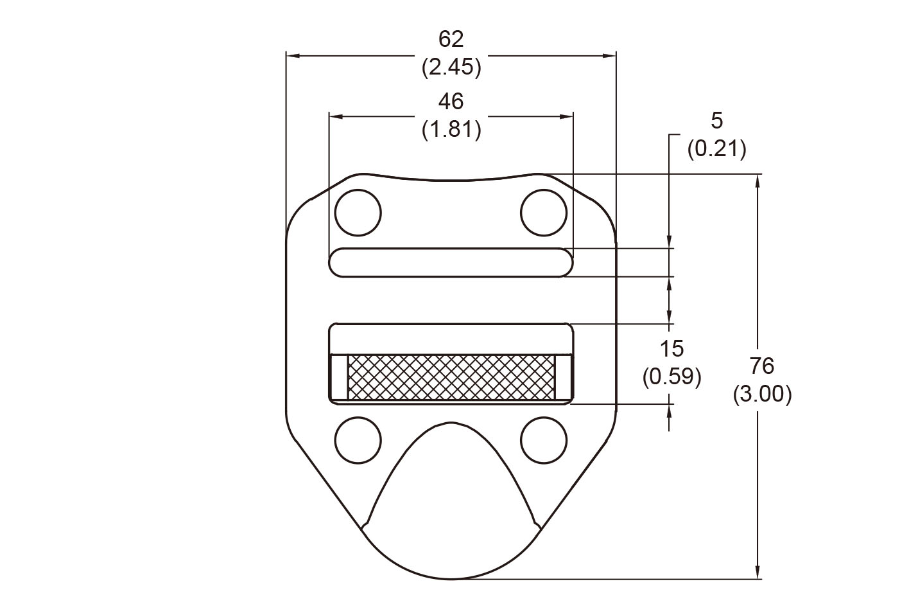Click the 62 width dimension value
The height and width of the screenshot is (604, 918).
[x=451, y=39]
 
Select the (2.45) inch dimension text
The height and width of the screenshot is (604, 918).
[x=451, y=67]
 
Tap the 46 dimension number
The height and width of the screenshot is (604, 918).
[x=451, y=102]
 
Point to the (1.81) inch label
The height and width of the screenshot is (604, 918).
[x=451, y=130]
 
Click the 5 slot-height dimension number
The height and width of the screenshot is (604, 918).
[x=716, y=120]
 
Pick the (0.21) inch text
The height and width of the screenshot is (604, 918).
[x=716, y=149]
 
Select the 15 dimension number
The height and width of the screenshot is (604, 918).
[x=671, y=349]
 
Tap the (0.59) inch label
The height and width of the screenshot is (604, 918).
[x=671, y=377]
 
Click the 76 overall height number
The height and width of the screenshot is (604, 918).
[x=762, y=366]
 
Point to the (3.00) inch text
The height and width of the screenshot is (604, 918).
[x=762, y=394]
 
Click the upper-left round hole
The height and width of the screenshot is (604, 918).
[x=358, y=213]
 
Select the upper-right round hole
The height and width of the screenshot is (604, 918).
[x=544, y=213]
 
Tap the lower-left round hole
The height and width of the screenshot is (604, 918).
[x=358, y=440]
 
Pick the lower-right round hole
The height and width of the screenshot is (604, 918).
[x=544, y=440]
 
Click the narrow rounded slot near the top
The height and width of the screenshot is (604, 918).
[x=451, y=262]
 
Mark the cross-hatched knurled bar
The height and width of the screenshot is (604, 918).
[x=451, y=376]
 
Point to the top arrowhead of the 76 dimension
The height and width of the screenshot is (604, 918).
[x=759, y=180]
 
